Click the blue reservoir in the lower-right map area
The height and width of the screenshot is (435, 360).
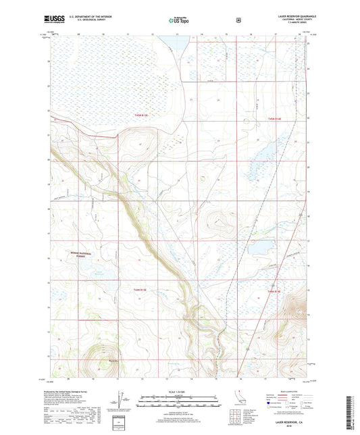[x=261, y=247]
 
